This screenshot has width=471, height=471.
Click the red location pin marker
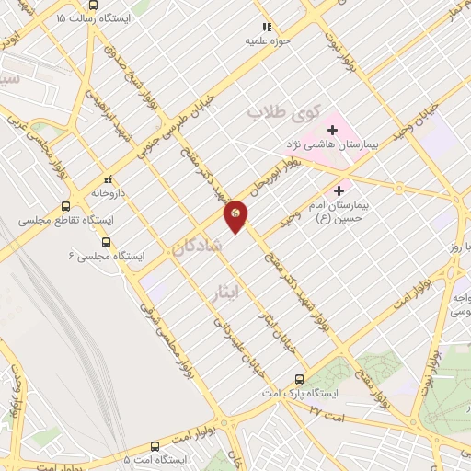pyautogui.click(x=235, y=215)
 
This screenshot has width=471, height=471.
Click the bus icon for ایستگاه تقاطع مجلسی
pyautogui.click(x=65, y=206)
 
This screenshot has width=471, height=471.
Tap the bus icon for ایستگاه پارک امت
pyautogui.click(x=299, y=378)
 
